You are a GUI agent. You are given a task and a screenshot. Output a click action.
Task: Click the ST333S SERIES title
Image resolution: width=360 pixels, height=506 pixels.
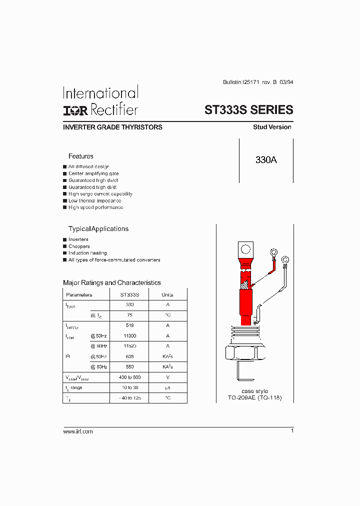(x=248, y=110)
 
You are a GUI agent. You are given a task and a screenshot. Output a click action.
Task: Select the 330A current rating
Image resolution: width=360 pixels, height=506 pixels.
(x=266, y=160)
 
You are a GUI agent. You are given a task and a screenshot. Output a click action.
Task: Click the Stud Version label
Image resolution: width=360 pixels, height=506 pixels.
(x=272, y=127)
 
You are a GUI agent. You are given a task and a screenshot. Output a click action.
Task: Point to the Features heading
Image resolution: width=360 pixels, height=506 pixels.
(x=81, y=156)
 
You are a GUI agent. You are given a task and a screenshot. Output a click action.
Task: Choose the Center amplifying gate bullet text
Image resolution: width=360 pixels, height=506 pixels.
(x=93, y=173)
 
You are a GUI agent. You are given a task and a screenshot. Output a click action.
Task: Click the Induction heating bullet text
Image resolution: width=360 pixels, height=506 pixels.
(x=87, y=253)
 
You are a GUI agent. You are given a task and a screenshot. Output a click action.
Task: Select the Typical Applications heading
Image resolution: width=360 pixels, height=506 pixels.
(x=98, y=229)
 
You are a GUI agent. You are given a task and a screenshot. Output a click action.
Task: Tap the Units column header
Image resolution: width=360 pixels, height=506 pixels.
(x=167, y=295)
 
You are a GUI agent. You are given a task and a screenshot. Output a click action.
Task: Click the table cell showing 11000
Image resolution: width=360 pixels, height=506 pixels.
(x=130, y=336)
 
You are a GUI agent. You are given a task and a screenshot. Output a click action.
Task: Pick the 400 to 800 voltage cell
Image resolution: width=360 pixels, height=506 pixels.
(x=130, y=377)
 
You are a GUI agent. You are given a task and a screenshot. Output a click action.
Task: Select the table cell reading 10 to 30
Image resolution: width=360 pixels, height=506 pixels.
(x=130, y=387)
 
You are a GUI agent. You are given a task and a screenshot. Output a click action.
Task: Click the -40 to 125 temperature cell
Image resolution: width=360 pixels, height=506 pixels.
(x=130, y=398)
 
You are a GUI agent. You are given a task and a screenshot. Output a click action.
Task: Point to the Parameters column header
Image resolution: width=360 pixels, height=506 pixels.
(x=79, y=295)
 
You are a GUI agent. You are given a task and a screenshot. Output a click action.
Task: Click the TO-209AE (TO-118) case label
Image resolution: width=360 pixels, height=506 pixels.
(x=255, y=398)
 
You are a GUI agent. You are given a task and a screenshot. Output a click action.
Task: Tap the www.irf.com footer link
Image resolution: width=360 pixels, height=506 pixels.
(x=78, y=431)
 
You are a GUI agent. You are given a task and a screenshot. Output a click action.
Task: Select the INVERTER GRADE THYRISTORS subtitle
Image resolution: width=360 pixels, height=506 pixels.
(x=112, y=127)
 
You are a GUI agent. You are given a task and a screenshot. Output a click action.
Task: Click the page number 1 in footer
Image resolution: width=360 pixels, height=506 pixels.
(x=292, y=430)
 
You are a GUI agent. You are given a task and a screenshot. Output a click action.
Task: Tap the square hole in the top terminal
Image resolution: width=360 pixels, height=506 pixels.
(x=245, y=249)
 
